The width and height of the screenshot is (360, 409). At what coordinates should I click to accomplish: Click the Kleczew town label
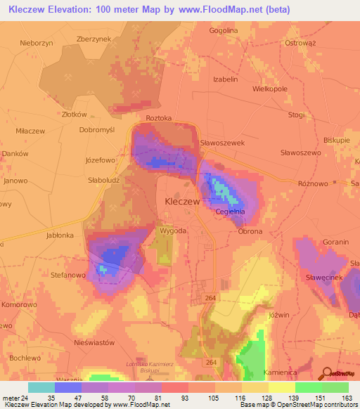[x=182, y=200]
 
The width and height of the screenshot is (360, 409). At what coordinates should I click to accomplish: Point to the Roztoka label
[x=159, y=119]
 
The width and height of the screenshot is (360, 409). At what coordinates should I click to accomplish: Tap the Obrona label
[x=250, y=231]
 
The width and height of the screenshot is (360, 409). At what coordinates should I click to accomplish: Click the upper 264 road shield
[x=211, y=298]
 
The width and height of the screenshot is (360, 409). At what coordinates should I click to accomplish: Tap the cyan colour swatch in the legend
[x=41, y=387]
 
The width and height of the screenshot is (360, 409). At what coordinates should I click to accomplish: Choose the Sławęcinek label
[x=323, y=279]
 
